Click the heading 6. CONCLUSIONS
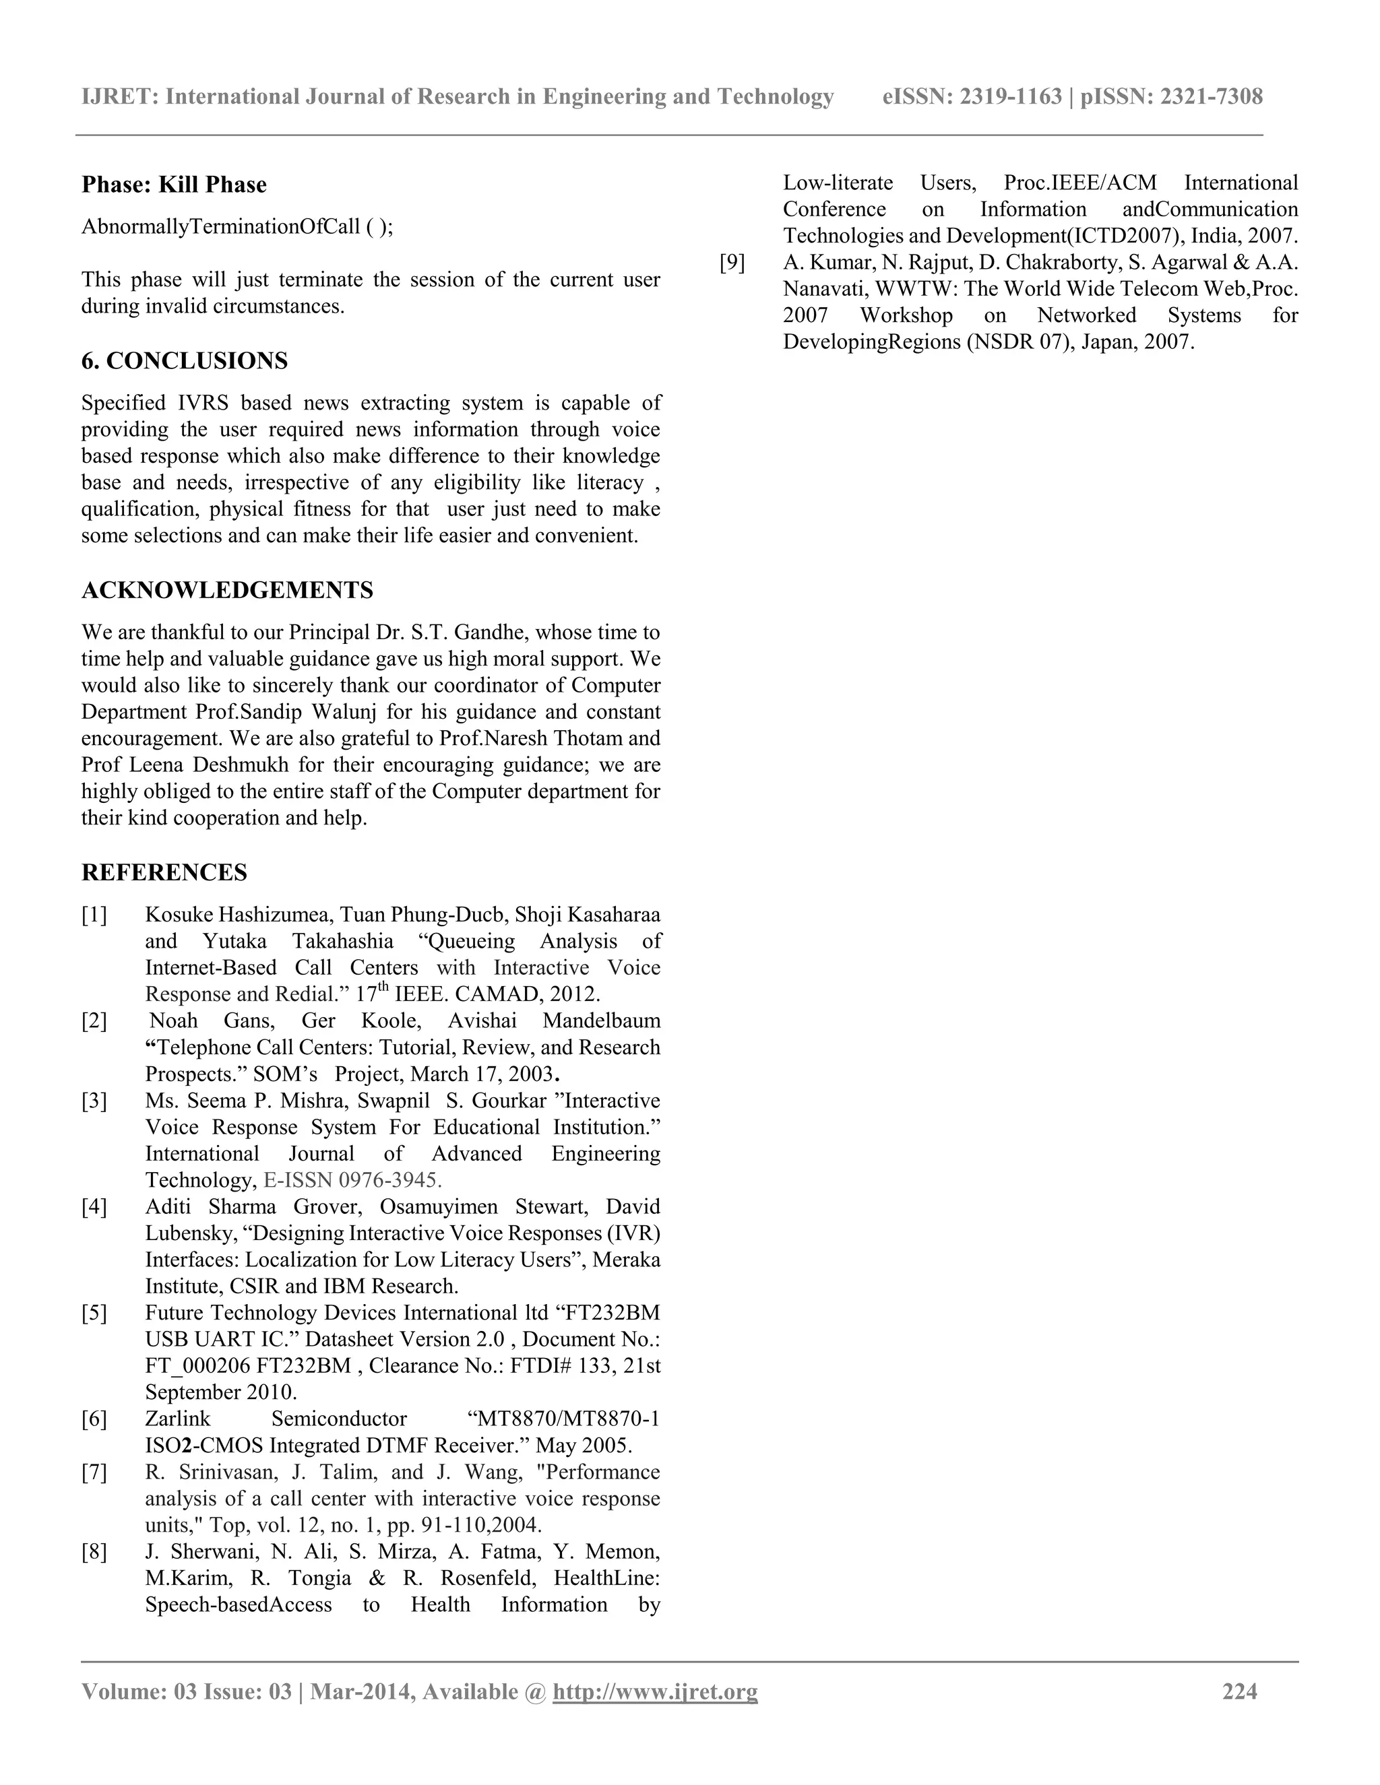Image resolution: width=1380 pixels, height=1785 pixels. [184, 360]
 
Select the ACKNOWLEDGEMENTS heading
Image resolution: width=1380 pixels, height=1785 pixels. [227, 590]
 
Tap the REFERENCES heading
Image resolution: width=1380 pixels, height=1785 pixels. [164, 872]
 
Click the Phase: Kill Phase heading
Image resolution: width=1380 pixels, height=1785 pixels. [173, 185]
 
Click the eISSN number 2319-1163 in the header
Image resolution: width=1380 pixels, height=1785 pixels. [1011, 96]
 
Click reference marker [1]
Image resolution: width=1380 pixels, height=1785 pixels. [94, 915]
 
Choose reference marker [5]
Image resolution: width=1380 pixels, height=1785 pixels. [94, 1313]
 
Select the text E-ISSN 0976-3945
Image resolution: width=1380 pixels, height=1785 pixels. [352, 1180]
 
